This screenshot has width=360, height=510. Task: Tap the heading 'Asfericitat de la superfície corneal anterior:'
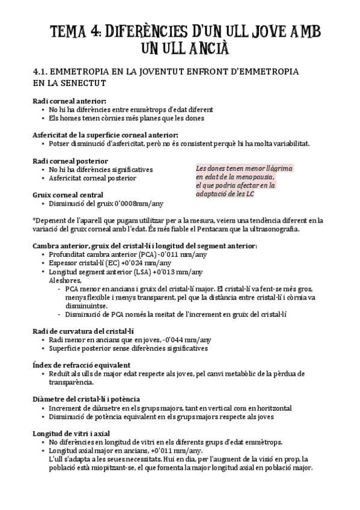click(105, 135)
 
